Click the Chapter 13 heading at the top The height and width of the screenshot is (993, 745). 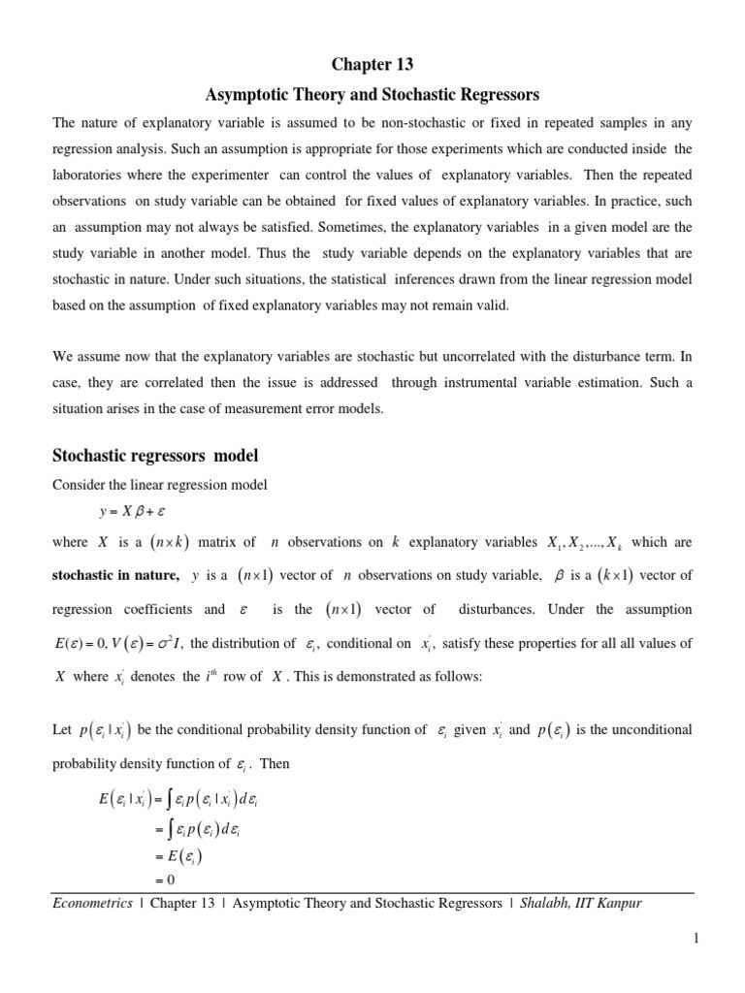pos(372,65)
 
